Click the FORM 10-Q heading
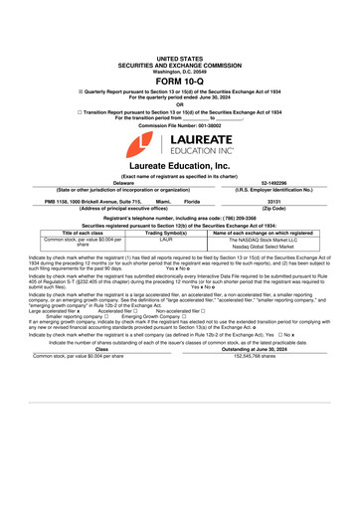180,81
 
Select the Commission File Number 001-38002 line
180,126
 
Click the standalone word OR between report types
180,104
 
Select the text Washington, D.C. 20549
180,72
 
